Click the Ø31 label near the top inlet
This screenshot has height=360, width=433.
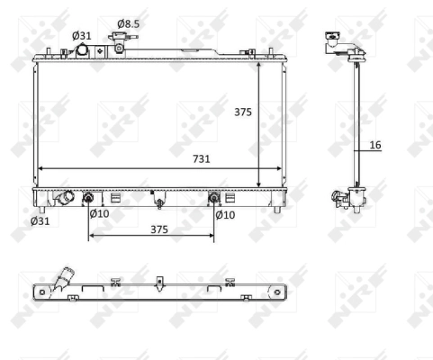[x=82, y=35]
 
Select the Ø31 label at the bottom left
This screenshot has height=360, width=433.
[x=40, y=220]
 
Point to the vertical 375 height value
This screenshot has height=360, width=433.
[x=242, y=112]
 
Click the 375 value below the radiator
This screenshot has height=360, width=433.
[x=159, y=229]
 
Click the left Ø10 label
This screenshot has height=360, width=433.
[x=99, y=214]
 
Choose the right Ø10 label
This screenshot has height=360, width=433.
[x=225, y=214]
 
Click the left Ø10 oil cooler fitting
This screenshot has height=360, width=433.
[x=89, y=198]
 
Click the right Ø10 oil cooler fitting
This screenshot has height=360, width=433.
[x=213, y=198]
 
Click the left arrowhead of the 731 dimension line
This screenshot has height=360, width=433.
[x=38, y=168]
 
